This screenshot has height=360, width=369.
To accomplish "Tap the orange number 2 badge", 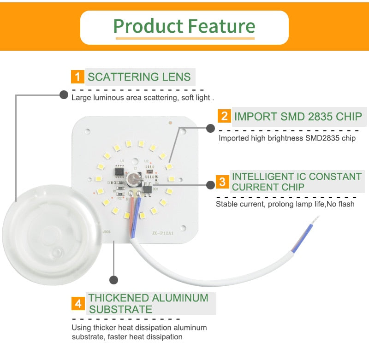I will click(224, 116).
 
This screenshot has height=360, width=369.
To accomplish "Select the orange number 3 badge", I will click(223, 182).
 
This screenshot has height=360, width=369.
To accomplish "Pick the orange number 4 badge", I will click(78, 304).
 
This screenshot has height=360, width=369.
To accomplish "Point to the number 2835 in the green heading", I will click(315, 116).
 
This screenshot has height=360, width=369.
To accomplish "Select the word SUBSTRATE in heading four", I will click(120, 309).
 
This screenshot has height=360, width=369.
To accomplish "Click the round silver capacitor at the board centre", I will click(135, 179).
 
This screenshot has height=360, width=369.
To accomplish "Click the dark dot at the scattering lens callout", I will click(63, 95).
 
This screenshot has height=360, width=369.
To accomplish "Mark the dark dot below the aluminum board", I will click(113, 280).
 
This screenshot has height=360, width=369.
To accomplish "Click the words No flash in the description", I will click(342, 203).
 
